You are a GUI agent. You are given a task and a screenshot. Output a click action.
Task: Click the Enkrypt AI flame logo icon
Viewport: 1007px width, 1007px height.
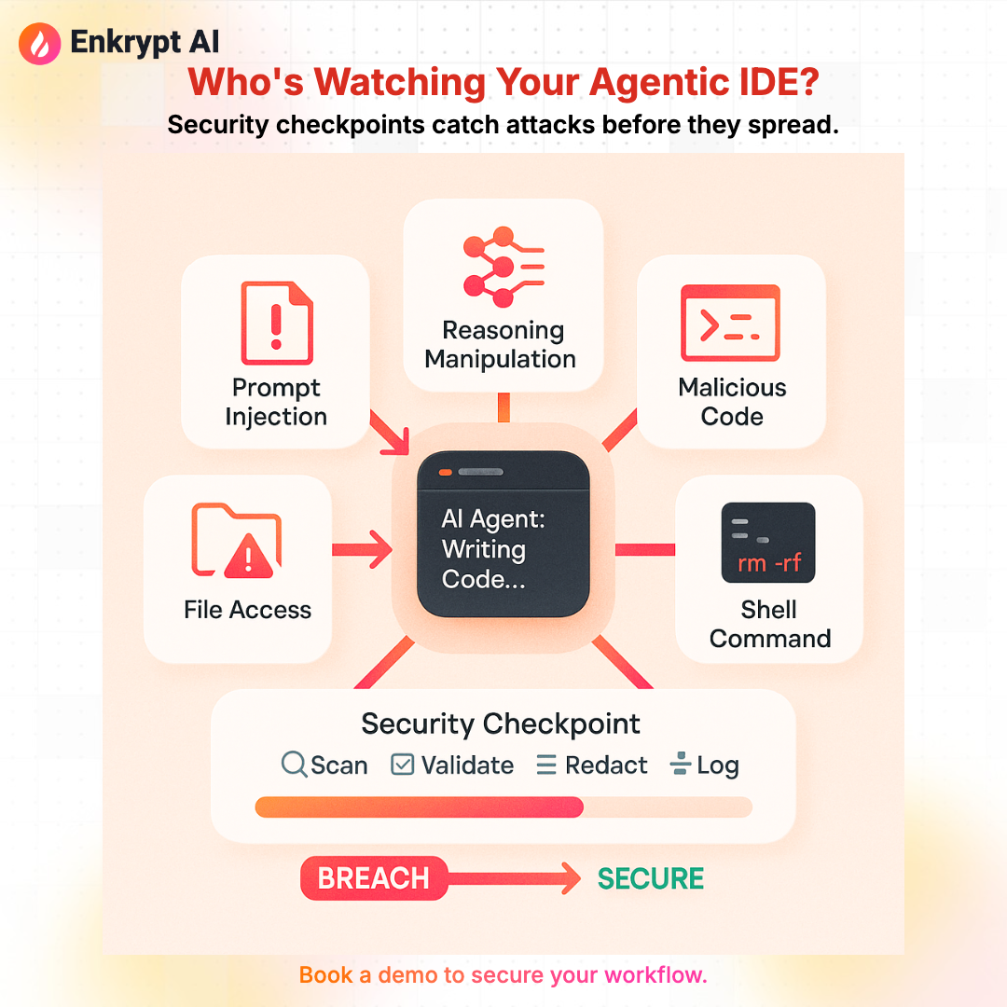37,41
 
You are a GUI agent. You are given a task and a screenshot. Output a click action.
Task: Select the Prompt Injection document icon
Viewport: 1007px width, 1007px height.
276,322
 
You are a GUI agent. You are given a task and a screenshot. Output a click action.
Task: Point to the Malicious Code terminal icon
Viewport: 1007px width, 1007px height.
731,324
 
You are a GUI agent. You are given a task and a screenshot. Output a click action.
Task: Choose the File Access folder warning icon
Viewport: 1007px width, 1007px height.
237,541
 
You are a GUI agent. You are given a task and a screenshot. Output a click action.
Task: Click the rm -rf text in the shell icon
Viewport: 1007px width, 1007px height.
768,563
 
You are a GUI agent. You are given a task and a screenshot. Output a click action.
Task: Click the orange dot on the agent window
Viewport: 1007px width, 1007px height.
446,473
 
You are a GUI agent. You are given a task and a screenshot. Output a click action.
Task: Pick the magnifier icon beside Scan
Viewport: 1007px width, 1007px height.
294,766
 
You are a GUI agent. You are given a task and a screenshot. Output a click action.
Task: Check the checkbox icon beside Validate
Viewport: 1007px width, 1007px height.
403,766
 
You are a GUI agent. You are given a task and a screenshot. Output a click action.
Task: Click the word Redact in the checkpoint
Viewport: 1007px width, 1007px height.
606,766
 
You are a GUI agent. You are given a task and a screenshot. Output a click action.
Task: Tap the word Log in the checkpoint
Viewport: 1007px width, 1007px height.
717,766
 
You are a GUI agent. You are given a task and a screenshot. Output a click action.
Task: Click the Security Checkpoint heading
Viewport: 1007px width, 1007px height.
501,724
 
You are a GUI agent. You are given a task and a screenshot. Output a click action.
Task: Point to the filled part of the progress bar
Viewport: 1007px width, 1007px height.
420,807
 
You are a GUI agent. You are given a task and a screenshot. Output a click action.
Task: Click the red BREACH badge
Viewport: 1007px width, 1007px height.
374,878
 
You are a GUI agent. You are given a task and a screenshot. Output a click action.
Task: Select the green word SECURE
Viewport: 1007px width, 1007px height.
651,878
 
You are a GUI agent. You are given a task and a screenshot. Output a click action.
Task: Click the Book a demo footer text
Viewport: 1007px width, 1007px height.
504,975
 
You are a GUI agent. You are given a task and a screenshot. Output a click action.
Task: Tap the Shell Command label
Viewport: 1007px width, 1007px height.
769,624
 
